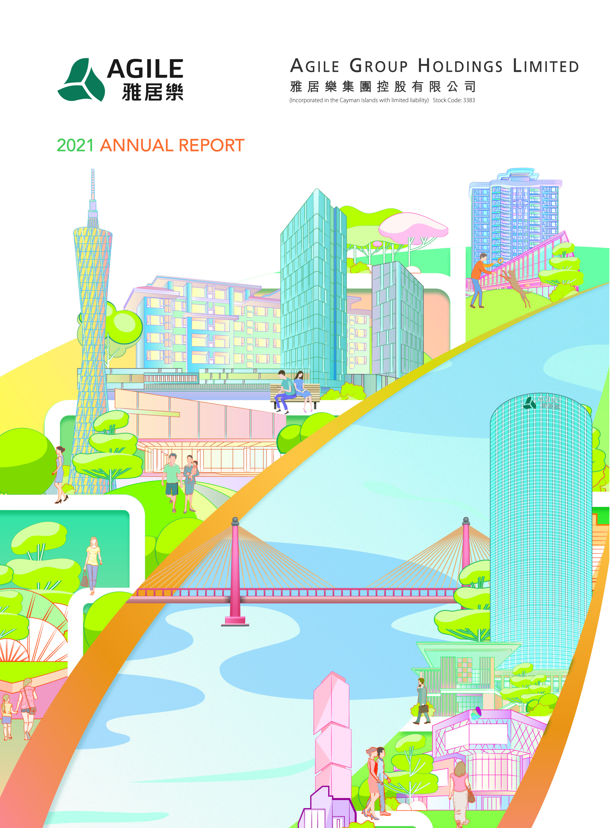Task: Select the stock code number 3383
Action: (x=469, y=100)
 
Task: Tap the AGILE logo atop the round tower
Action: (x=541, y=402)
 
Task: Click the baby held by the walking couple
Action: (x=194, y=469)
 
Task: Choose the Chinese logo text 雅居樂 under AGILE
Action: (x=152, y=92)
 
